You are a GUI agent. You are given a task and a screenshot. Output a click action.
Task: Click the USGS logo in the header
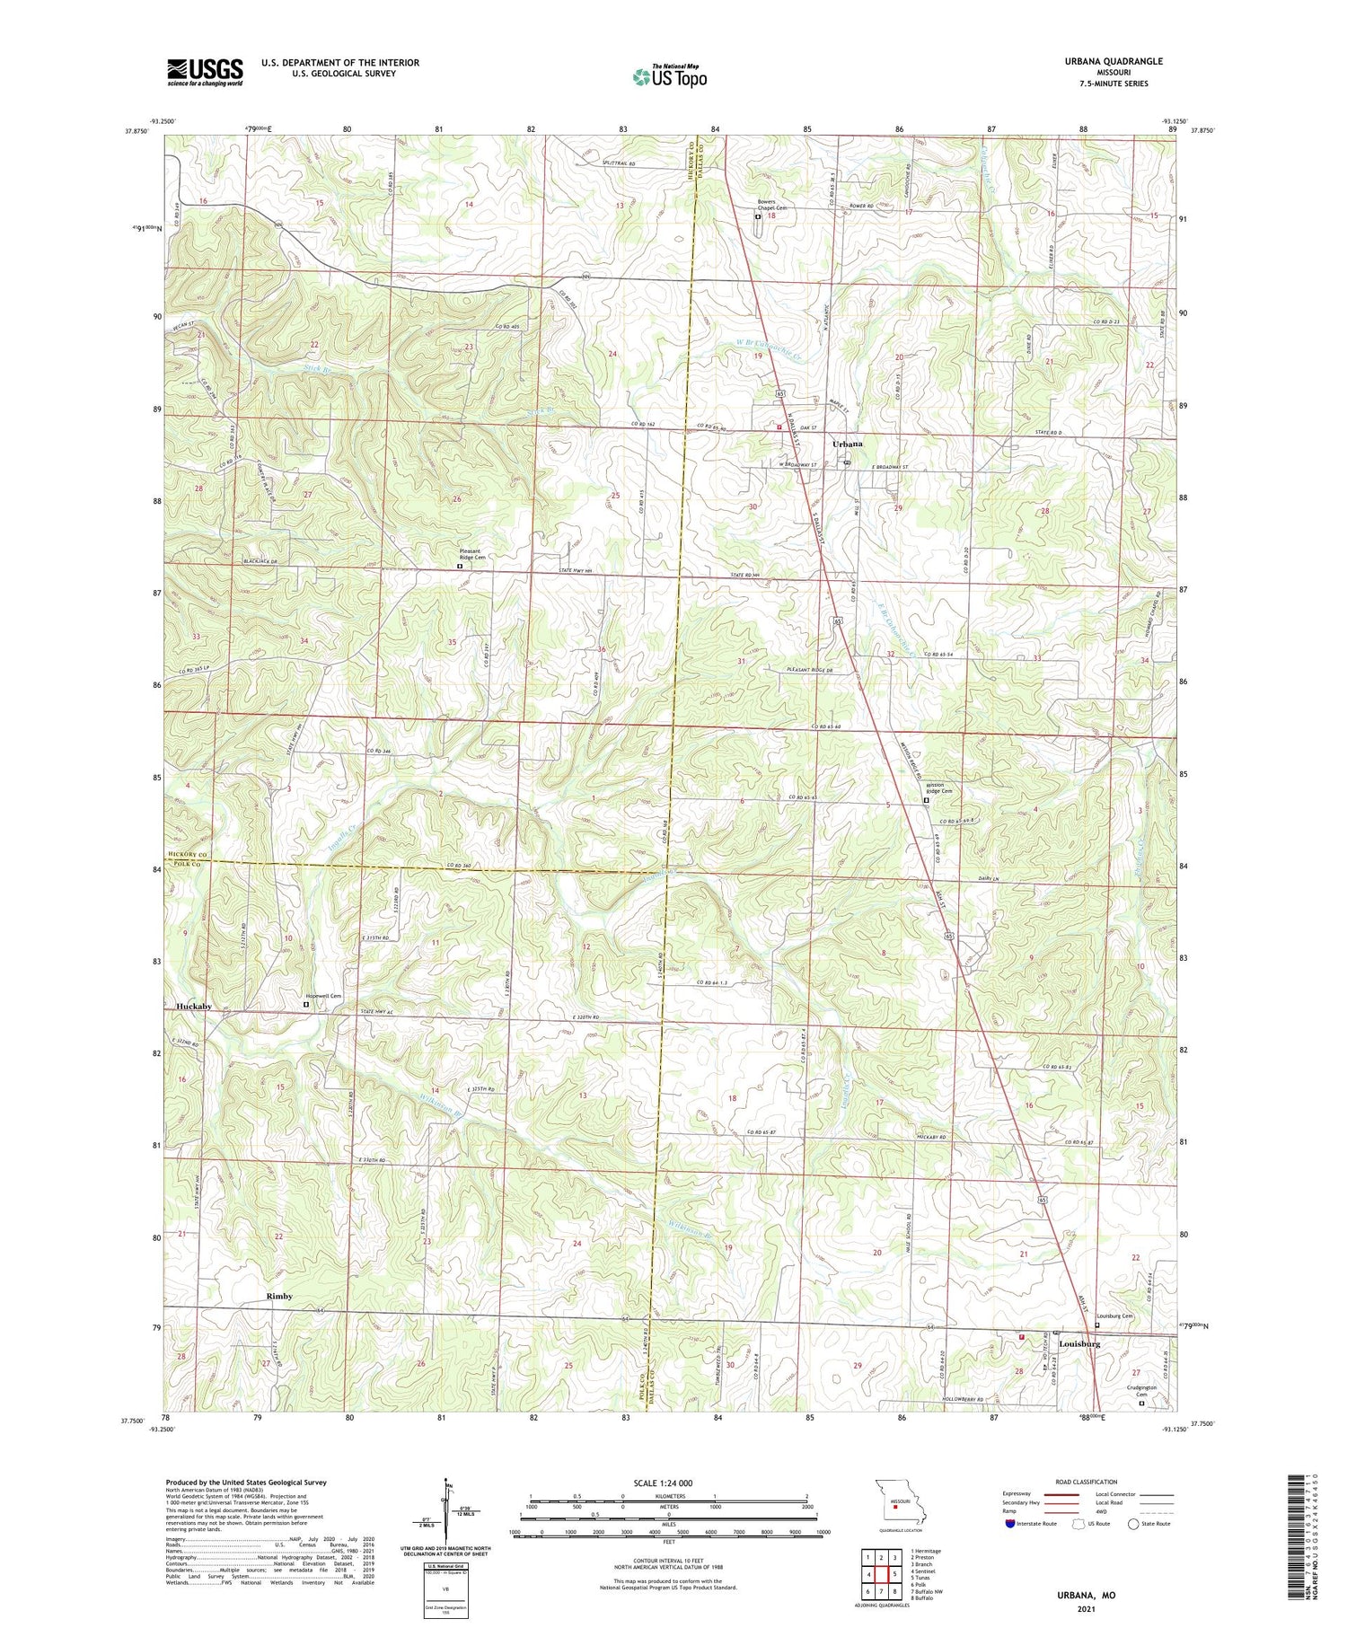205,72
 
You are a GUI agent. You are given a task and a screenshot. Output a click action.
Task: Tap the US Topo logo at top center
669,76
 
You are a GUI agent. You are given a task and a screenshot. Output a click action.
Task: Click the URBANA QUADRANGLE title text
1110,61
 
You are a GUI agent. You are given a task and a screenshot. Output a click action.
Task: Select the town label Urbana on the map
847,444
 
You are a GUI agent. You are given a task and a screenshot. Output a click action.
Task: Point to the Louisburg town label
1079,1344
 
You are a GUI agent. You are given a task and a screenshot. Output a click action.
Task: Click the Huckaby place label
194,1007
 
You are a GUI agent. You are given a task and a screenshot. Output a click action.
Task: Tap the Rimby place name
279,1297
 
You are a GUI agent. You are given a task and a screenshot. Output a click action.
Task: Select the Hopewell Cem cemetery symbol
305,1006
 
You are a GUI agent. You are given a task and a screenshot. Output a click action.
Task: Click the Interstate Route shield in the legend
1010,1524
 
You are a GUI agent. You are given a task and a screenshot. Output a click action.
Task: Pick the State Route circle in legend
1134,1524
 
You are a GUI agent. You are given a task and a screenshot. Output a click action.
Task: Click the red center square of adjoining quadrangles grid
881,1574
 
